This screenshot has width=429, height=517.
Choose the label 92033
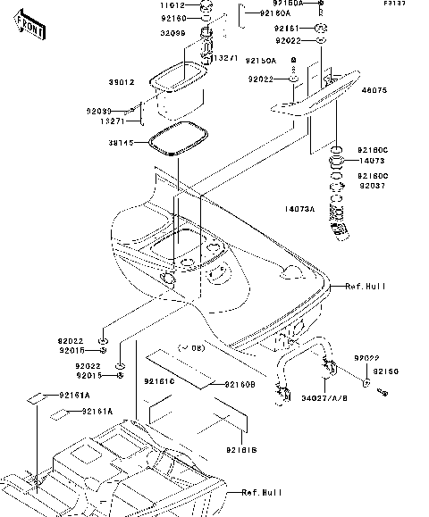tap(99, 111)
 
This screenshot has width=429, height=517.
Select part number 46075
tap(374, 90)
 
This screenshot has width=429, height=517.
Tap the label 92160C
tap(374, 150)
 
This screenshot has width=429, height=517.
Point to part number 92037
tap(373, 186)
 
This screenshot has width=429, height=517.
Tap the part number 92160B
tap(239, 384)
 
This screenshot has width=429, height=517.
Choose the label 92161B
tap(240, 450)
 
